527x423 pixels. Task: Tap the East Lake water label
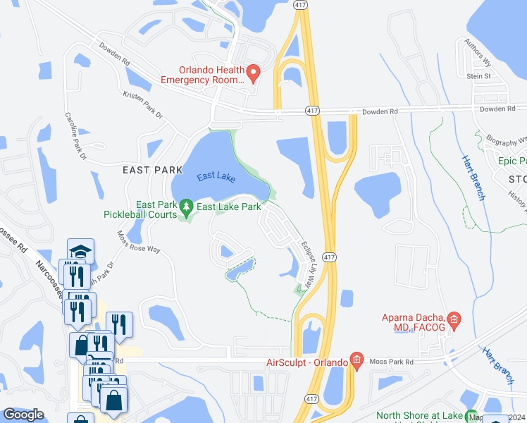tap(216, 176)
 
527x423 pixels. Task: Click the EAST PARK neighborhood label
tap(147, 170)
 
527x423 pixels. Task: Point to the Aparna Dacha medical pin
tap(454, 321)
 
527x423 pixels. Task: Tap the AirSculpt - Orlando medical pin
tap(356, 362)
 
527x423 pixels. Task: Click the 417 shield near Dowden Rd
tap(313, 111)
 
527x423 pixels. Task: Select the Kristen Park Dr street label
tap(142, 104)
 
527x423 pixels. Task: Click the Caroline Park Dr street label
tap(75, 134)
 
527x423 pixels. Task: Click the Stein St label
tap(478, 75)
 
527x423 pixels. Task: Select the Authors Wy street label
tap(476, 52)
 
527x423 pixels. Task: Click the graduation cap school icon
tap(80, 250)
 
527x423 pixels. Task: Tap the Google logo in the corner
tap(23, 415)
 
